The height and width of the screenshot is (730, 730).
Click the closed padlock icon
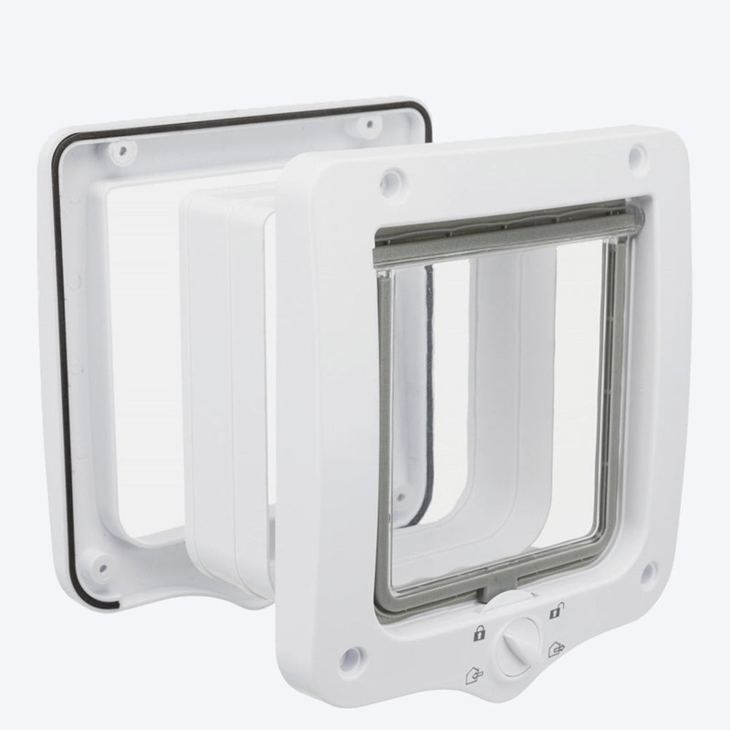point(477,633)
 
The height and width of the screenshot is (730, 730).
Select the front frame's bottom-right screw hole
point(649,571)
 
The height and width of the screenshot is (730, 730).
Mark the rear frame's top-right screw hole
point(369,122)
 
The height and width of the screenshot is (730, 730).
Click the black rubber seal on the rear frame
point(57,365)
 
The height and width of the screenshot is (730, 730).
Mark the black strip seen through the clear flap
point(427,392)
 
